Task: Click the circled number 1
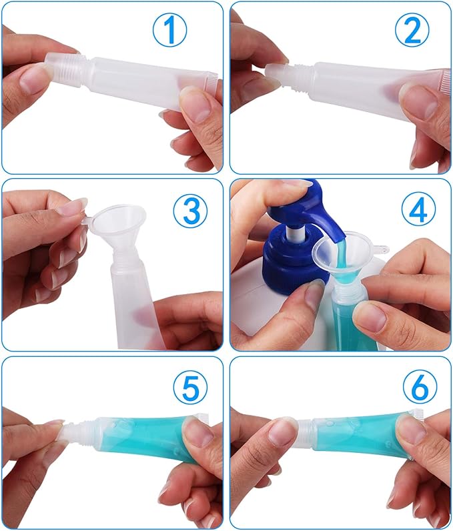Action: click(169, 30)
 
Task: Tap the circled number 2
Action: click(412, 30)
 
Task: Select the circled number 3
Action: click(190, 211)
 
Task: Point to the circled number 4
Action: click(418, 211)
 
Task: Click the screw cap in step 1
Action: click(64, 69)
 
